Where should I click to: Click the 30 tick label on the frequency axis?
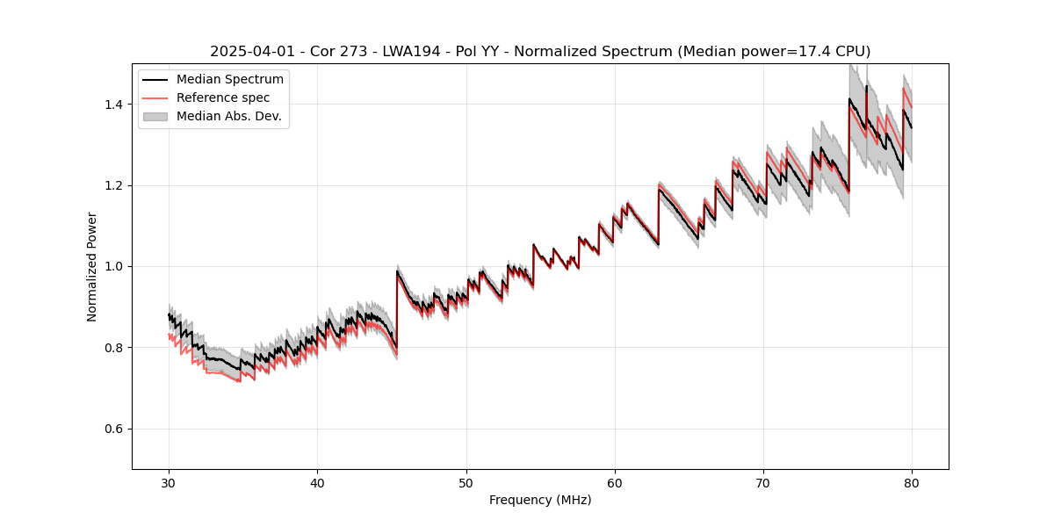coord(169,482)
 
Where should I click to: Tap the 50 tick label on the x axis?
coord(466,482)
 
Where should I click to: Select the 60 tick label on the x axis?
coord(615,482)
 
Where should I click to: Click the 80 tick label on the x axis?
coord(912,482)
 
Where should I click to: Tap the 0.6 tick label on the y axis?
coord(116,429)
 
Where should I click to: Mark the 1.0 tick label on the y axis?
coord(116,266)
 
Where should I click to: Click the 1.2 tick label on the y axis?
coord(116,185)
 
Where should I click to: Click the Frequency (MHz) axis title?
coord(540,500)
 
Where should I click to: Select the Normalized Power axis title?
coord(92,266)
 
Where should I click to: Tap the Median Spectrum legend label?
coord(230,80)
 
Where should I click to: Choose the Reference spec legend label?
coord(223,97)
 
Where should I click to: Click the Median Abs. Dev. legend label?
coord(229,116)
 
